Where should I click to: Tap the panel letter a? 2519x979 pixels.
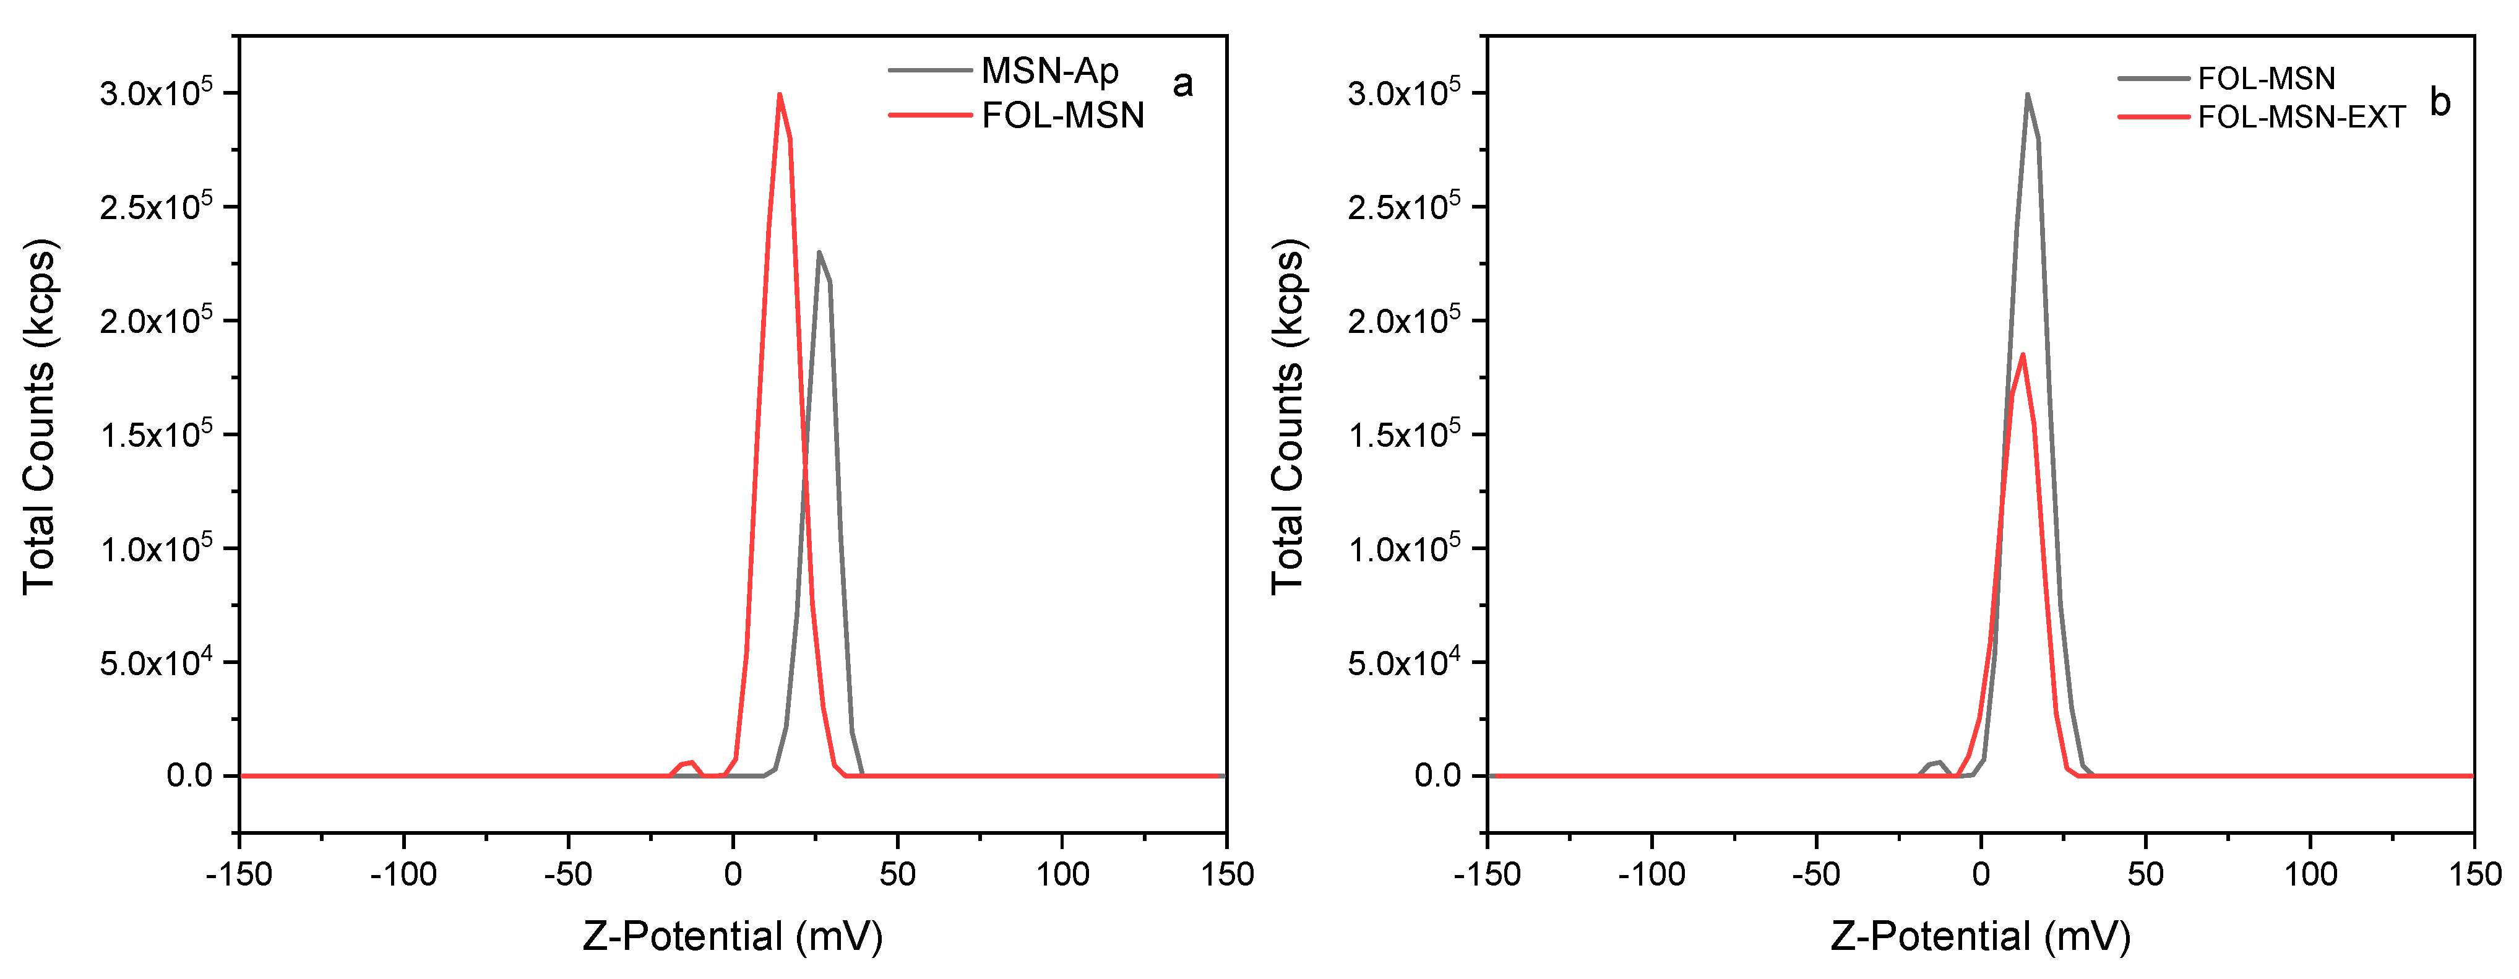coord(1182,84)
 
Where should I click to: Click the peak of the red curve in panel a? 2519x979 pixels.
coord(780,95)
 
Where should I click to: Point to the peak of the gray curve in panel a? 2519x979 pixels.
coord(819,252)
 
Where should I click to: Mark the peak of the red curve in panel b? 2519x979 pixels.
coord(2022,355)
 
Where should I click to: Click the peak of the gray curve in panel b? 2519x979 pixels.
coord(2027,95)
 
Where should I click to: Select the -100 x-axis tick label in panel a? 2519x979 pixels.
coord(403,873)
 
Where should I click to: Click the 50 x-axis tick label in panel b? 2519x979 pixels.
coord(2145,873)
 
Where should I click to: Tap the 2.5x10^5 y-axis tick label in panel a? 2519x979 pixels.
coord(155,206)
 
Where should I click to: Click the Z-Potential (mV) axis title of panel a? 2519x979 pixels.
coord(733,936)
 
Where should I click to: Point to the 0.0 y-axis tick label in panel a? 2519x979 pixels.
coord(189,775)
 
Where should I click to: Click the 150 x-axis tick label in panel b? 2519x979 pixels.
coord(2474,873)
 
